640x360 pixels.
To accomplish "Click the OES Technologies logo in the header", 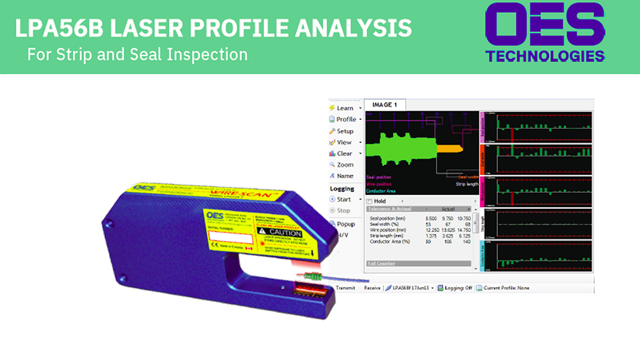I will coord(545,32).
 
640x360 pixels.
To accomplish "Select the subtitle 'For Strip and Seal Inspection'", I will coord(137,54).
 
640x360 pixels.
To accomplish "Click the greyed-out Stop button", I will coord(343,210).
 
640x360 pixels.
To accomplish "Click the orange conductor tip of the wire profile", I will coord(450,148).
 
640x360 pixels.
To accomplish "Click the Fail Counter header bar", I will coord(419,263).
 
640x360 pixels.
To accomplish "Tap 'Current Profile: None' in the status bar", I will coord(507,288).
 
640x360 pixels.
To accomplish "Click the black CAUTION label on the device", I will coord(283,232).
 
